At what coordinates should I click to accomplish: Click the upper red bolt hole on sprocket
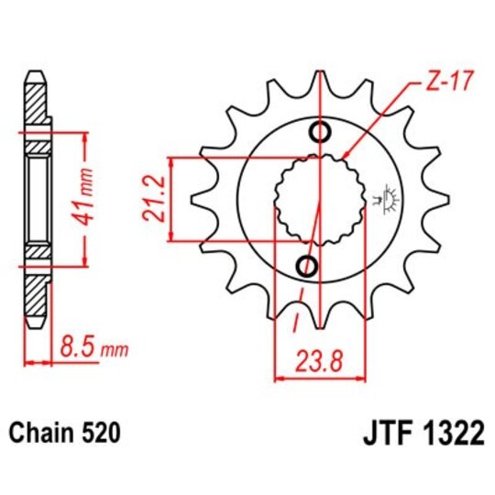click(320, 132)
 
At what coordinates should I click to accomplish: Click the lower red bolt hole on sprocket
click(308, 266)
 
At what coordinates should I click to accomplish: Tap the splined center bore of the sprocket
click(316, 199)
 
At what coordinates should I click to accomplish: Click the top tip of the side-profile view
click(35, 72)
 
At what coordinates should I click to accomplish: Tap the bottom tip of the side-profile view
click(35, 325)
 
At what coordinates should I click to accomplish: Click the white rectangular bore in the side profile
click(36, 199)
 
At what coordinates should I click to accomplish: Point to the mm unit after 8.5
click(117, 349)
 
